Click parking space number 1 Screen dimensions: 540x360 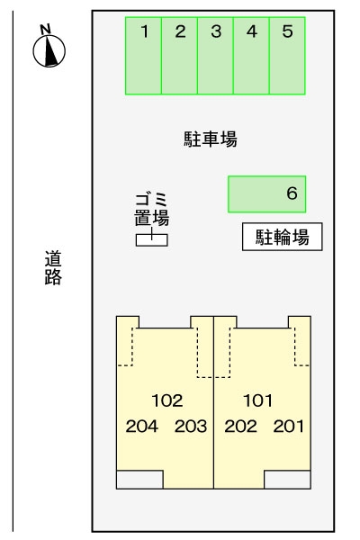(x=144, y=55)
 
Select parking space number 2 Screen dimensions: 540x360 (x=180, y=55)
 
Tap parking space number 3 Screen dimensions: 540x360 (x=216, y=55)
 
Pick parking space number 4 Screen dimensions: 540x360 (x=252, y=55)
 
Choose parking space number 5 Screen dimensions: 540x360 (x=287, y=55)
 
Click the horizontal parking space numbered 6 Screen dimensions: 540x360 (x=267, y=193)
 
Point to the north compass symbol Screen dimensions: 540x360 (x=49, y=49)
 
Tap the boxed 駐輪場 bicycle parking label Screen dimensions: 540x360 (x=283, y=238)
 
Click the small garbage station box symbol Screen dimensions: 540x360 (x=151, y=239)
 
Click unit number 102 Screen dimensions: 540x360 (x=166, y=400)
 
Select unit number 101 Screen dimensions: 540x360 (x=257, y=400)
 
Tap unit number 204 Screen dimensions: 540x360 (x=142, y=427)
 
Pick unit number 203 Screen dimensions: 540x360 (x=191, y=427)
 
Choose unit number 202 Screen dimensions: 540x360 (x=240, y=427)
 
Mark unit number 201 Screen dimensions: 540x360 (x=289, y=427)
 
